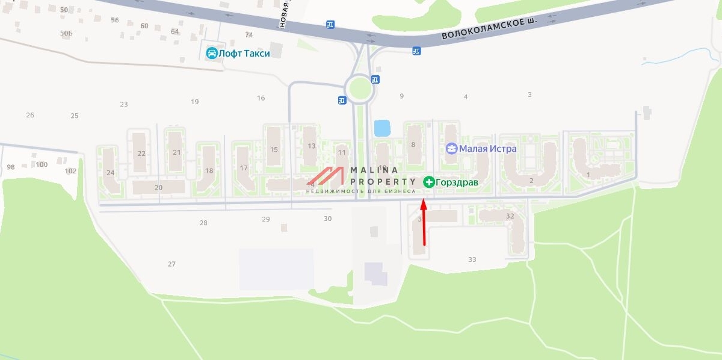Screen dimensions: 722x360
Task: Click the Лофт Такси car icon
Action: (x=212, y=53)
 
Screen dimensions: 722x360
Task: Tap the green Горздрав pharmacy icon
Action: (x=429, y=181)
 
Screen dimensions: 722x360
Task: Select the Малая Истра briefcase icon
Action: (x=451, y=148)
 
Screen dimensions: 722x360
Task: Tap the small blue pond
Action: (x=381, y=128)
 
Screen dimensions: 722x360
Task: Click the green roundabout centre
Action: (x=360, y=86)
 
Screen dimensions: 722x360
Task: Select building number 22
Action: (x=141, y=153)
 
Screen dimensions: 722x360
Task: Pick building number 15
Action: (x=274, y=149)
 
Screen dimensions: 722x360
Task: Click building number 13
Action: (x=311, y=146)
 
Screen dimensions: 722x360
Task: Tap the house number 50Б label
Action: (x=66, y=33)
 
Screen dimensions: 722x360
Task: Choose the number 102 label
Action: (x=70, y=171)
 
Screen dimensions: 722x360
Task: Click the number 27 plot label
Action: (x=171, y=264)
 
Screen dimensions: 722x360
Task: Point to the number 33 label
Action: (x=472, y=259)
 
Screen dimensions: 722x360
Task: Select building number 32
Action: (x=510, y=216)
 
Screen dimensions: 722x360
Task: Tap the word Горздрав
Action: (x=457, y=181)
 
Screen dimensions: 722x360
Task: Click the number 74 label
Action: (x=248, y=36)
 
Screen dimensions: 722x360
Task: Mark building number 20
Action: (x=158, y=187)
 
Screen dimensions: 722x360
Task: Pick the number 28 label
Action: (x=203, y=223)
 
